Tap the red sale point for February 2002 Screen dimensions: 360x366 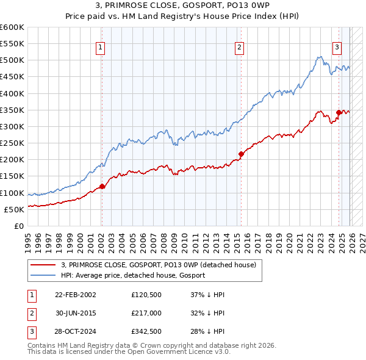click(102, 186)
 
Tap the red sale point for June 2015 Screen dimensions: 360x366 click(241, 154)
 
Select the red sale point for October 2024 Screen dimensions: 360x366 click(339, 112)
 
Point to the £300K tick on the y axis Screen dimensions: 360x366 click(13, 126)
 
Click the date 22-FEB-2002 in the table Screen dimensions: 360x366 click(75, 294)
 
